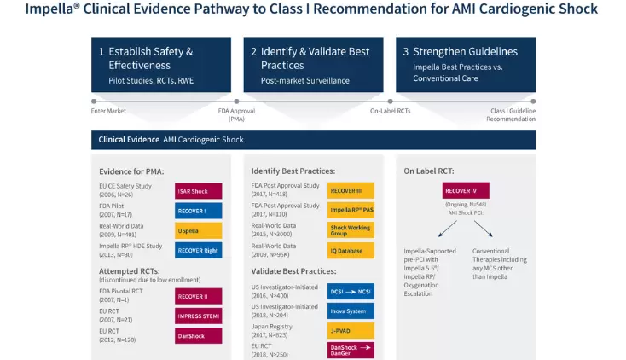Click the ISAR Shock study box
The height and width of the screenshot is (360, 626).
pos(198,190)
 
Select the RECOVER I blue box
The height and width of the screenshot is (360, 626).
pos(198,210)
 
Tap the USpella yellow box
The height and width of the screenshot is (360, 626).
pos(198,230)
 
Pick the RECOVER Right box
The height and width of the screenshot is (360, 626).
pos(198,250)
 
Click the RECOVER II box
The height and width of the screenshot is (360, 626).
pos(198,296)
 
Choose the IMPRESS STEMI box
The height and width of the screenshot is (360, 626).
pos(198,316)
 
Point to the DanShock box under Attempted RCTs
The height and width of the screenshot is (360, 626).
pos(198,335)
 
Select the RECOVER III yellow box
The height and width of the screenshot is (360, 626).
pos(351,190)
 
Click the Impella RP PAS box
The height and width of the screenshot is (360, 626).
pos(351,210)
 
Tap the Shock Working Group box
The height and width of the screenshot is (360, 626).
pos(351,230)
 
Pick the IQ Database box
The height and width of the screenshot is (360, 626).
pos(351,250)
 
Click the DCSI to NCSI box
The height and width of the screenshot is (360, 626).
pos(351,290)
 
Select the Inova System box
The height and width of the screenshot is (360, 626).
pos(351,310)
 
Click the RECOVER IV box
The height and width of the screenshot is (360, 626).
pos(465,190)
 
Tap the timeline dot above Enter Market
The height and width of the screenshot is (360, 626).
pos(94,101)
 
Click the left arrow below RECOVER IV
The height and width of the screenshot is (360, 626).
pos(450,229)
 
